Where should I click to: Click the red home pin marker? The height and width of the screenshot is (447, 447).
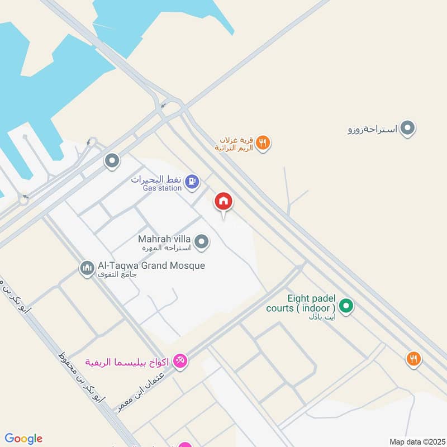click(x=223, y=202)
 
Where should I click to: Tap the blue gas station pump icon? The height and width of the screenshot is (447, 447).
click(x=192, y=182)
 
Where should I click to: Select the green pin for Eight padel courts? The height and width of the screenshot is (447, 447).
click(x=346, y=306)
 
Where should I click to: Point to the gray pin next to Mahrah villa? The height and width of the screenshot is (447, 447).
click(x=202, y=242)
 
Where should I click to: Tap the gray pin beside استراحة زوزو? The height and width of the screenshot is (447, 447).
click(x=408, y=129)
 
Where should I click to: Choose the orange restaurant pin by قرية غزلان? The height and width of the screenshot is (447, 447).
click(x=263, y=142)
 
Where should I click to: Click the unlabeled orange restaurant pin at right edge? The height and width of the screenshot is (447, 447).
click(x=413, y=358)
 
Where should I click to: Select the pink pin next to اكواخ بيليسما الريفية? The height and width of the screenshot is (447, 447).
click(x=180, y=362)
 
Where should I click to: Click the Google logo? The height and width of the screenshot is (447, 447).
click(x=23, y=439)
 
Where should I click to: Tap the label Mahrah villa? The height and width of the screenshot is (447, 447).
click(x=165, y=239)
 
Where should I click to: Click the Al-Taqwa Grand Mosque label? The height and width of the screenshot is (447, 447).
click(x=151, y=265)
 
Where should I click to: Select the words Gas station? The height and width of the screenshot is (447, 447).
click(x=162, y=188)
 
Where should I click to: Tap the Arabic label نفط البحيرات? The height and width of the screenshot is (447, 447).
click(x=155, y=179)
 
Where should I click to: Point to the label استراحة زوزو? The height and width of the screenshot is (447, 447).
click(x=372, y=130)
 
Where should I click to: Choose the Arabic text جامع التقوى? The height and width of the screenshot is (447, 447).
click(x=117, y=275)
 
